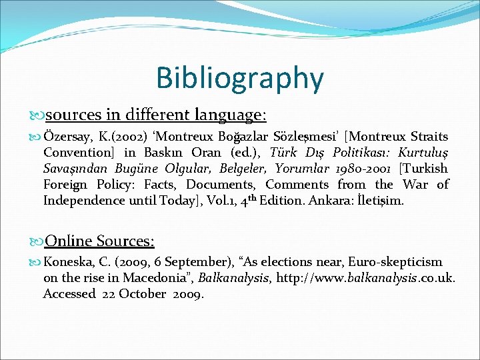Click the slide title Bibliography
click(240, 78)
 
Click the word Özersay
click(69, 137)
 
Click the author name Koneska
click(70, 263)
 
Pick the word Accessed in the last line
click(70, 293)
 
